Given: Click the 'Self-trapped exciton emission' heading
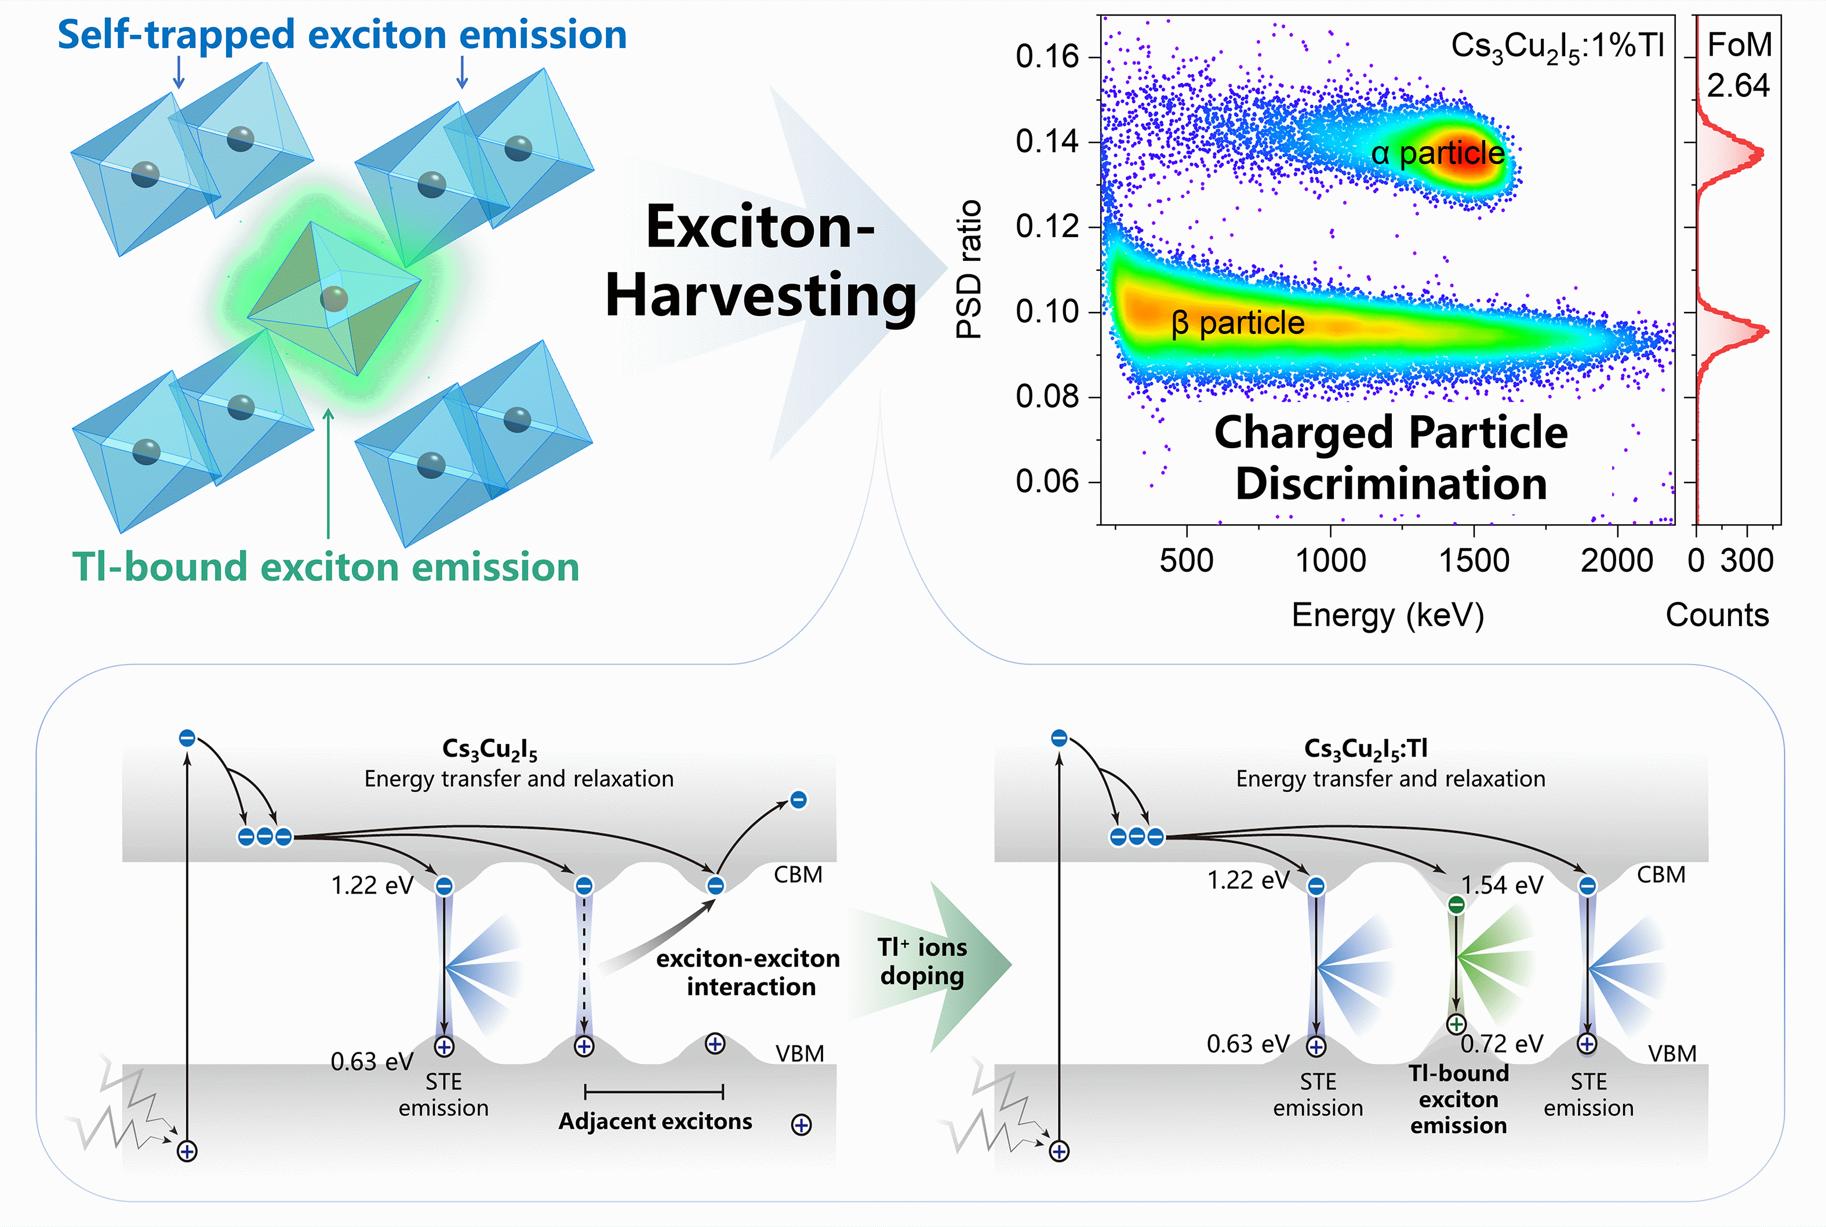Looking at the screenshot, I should pos(342,35).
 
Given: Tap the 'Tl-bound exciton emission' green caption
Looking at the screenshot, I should pos(325,567).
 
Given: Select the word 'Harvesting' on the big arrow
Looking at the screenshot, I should pos(761,296).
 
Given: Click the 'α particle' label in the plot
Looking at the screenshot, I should pos(1438,153).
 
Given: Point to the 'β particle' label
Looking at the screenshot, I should pos(1238,322).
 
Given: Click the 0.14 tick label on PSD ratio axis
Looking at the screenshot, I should pos(1047,141).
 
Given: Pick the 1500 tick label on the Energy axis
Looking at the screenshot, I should pos(1474,560).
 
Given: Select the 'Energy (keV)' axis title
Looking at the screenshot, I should pos(1387,615).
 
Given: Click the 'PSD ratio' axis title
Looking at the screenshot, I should pos(969,268).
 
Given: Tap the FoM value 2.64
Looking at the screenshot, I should pos(1737,85).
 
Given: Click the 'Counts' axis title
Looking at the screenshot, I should pos(1716,615).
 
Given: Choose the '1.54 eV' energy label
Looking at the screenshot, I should pos(1502,885).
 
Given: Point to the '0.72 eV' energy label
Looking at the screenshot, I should pos(1502,1044).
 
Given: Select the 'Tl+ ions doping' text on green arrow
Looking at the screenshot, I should pos(922,962).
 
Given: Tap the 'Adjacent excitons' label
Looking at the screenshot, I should pos(655,1121).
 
